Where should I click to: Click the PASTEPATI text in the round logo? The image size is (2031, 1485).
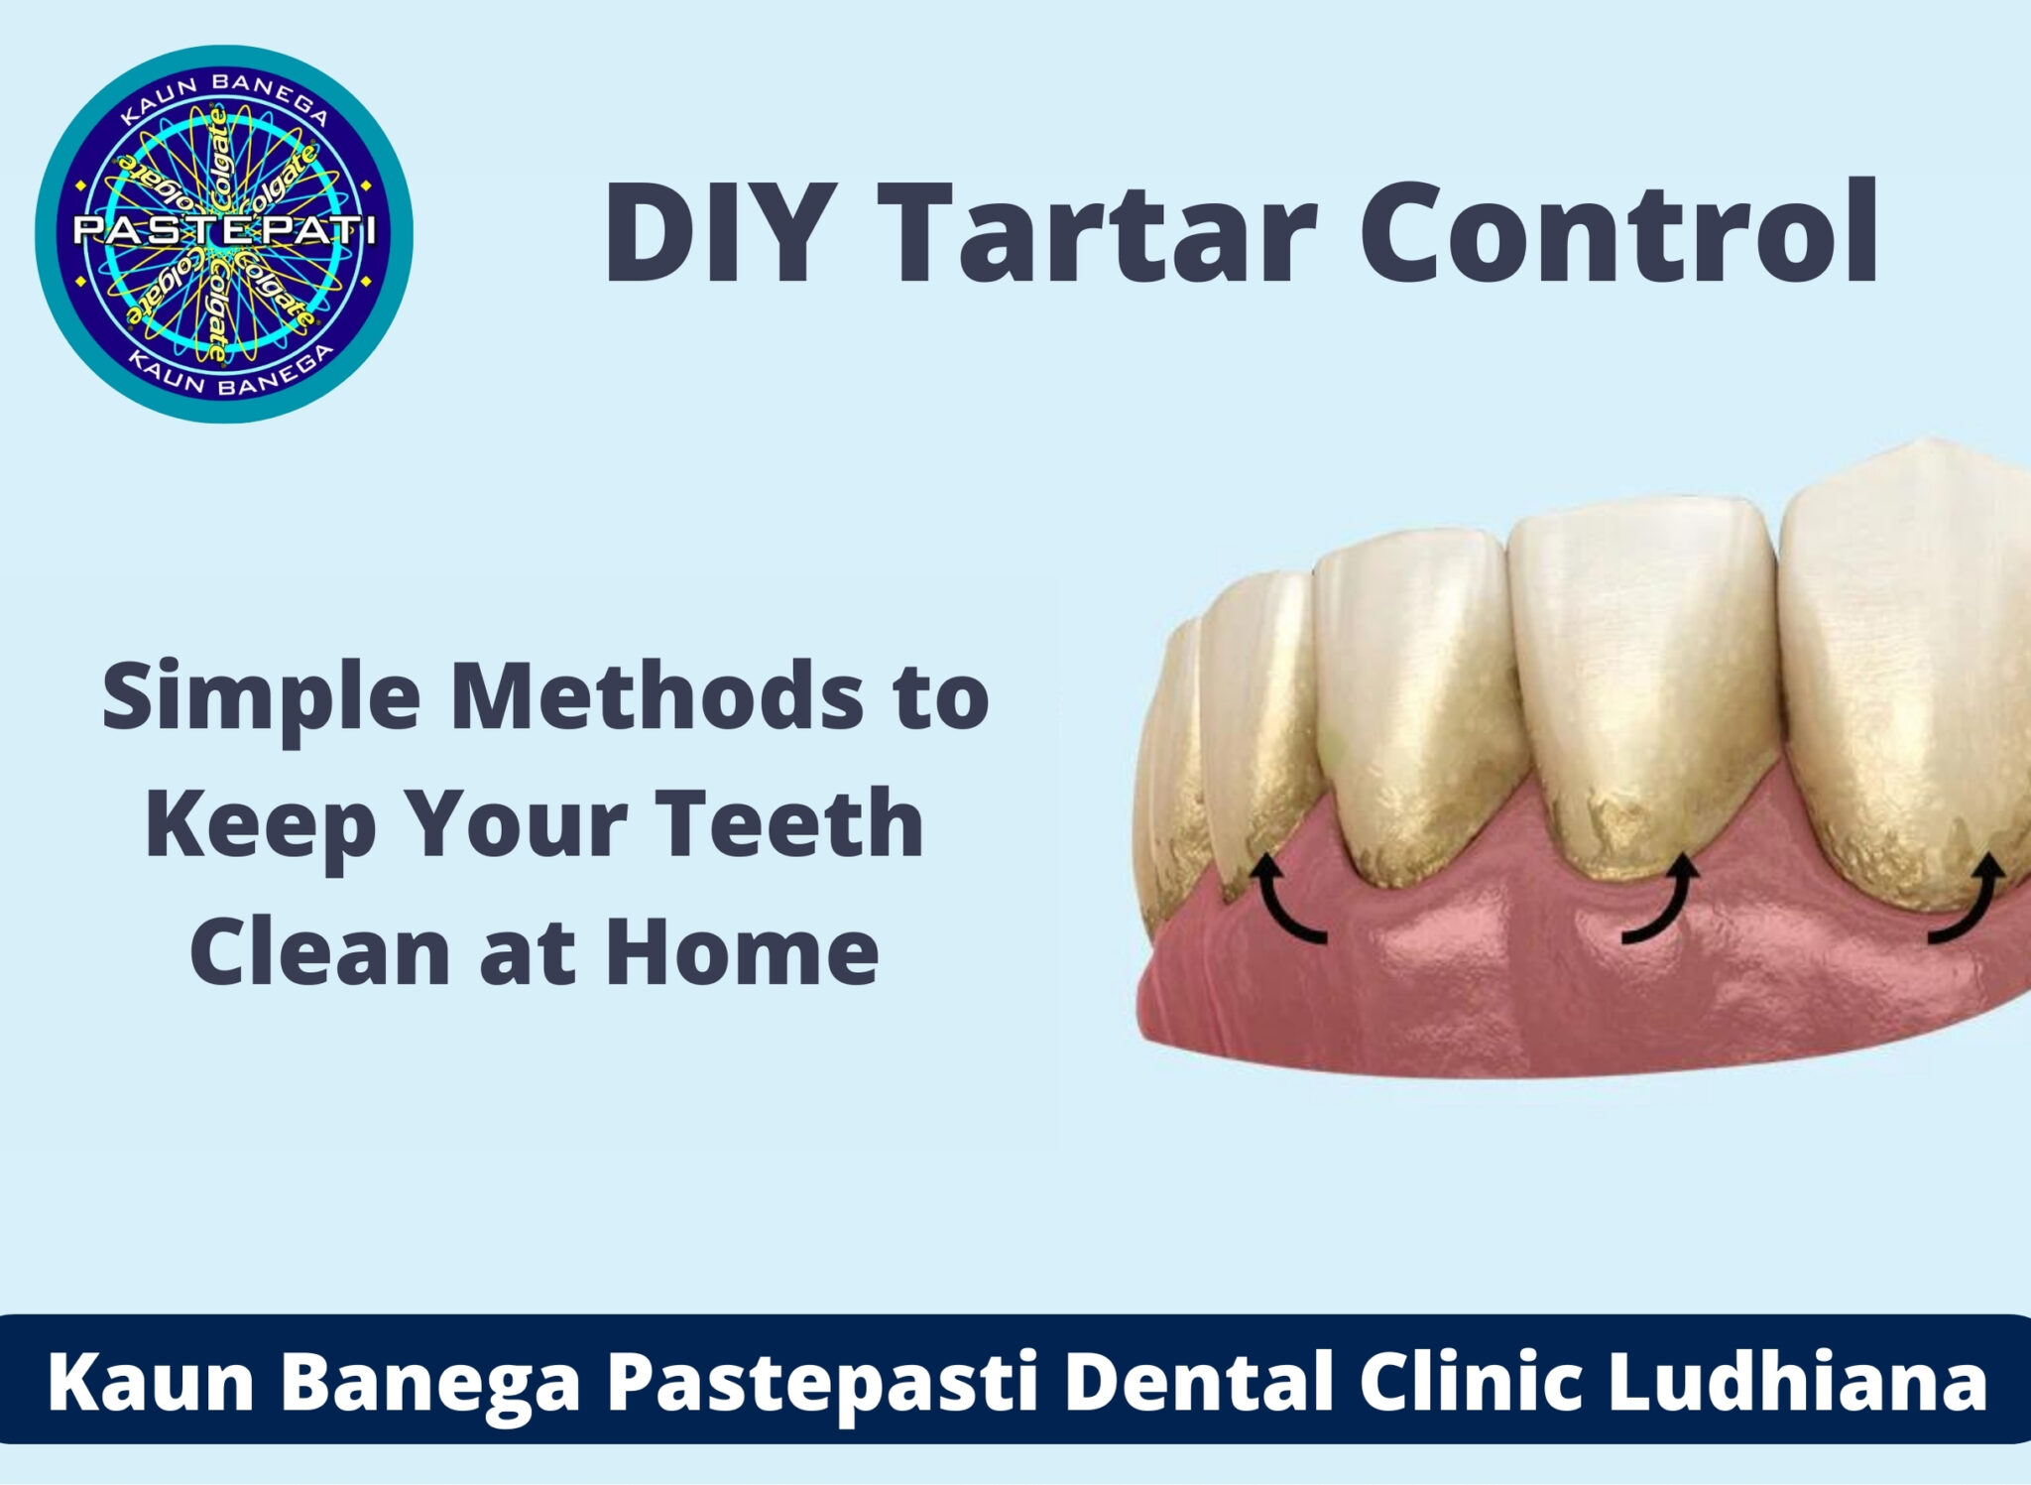coord(224,232)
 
